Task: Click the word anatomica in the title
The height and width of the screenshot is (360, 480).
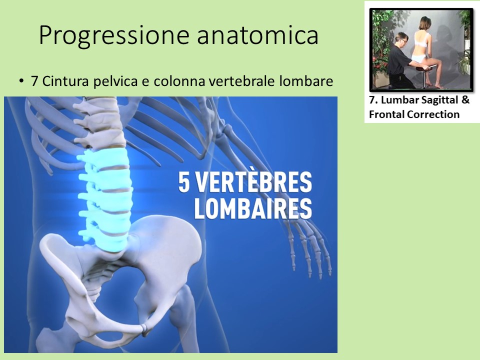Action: (x=258, y=35)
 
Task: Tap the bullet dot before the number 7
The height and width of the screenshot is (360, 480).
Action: (x=21, y=81)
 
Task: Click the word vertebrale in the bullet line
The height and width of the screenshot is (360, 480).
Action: (x=245, y=81)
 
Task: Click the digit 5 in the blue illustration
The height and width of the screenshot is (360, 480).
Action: (x=184, y=182)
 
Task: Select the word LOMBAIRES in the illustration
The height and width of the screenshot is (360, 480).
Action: (x=253, y=208)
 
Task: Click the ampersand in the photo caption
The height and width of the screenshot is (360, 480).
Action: (x=465, y=100)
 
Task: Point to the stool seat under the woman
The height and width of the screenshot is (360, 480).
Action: (x=425, y=69)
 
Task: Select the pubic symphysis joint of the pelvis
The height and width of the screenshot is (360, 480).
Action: (x=144, y=328)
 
